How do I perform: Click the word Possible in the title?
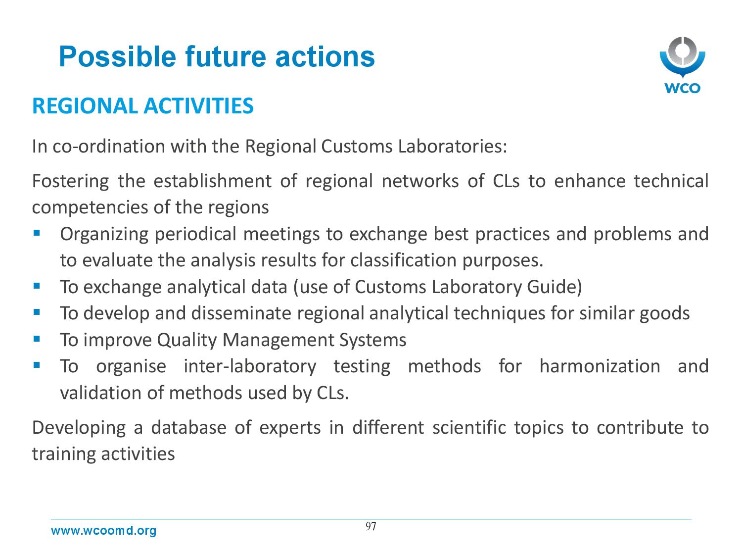click(117, 57)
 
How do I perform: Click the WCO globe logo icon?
click(682, 57)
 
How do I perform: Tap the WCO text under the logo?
click(682, 88)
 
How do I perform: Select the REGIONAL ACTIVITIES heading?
click(142, 106)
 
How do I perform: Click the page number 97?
click(371, 526)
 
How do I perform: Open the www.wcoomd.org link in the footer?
click(103, 530)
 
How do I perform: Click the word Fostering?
click(70, 181)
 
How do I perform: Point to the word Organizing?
click(104, 234)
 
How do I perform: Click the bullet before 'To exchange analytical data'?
click(37, 286)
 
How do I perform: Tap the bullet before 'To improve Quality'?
click(37, 339)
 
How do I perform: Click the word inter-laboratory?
click(250, 367)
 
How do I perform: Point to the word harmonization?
click(600, 366)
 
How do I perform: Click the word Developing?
click(79, 428)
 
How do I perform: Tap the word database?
click(188, 427)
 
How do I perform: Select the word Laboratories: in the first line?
click(452, 147)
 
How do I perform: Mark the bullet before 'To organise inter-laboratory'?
click(37, 365)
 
